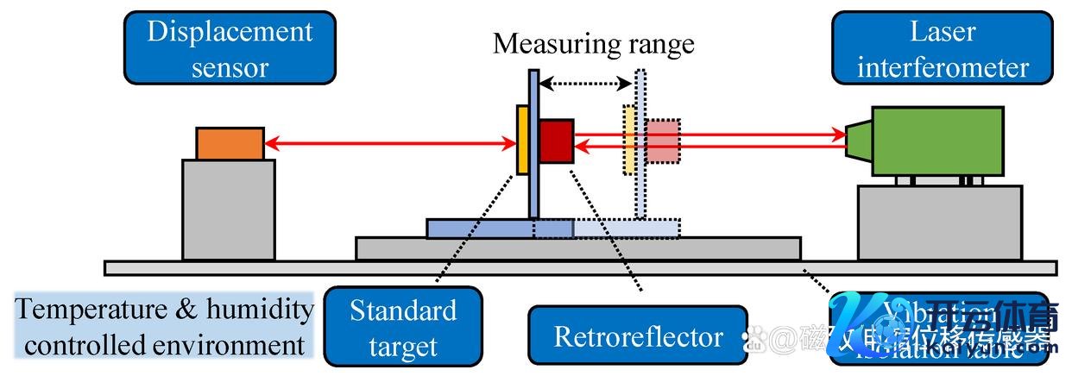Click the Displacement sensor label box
pos(230,48)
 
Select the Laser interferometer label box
pos(943,48)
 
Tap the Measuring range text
pos(593,44)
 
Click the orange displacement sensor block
pos(230,143)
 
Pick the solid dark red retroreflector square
pos(557,141)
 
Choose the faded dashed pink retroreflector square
pos(663,141)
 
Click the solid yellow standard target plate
pos(522,140)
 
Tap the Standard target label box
pos(402,329)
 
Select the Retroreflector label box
pos(638,335)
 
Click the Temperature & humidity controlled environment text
pos(164,327)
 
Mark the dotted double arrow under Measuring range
pos(588,84)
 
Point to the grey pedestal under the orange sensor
pos(229,210)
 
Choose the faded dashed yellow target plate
pos(629,140)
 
